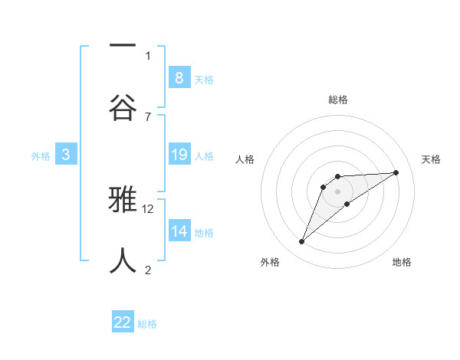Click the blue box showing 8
(x=179, y=77)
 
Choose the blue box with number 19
(x=179, y=155)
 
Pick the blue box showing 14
(x=179, y=231)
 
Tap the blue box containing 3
(x=66, y=155)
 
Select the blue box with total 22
(x=123, y=322)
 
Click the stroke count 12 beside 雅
(x=148, y=208)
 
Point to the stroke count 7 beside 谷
(x=147, y=116)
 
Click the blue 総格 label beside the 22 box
(x=147, y=324)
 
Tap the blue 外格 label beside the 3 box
(x=41, y=155)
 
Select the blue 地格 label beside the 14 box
(x=204, y=232)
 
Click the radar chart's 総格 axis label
(x=338, y=100)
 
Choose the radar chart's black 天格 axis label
(x=431, y=159)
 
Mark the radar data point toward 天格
(x=396, y=172)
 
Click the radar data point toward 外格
(x=301, y=242)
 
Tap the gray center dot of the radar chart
(x=338, y=191)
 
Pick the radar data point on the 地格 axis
(x=347, y=204)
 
